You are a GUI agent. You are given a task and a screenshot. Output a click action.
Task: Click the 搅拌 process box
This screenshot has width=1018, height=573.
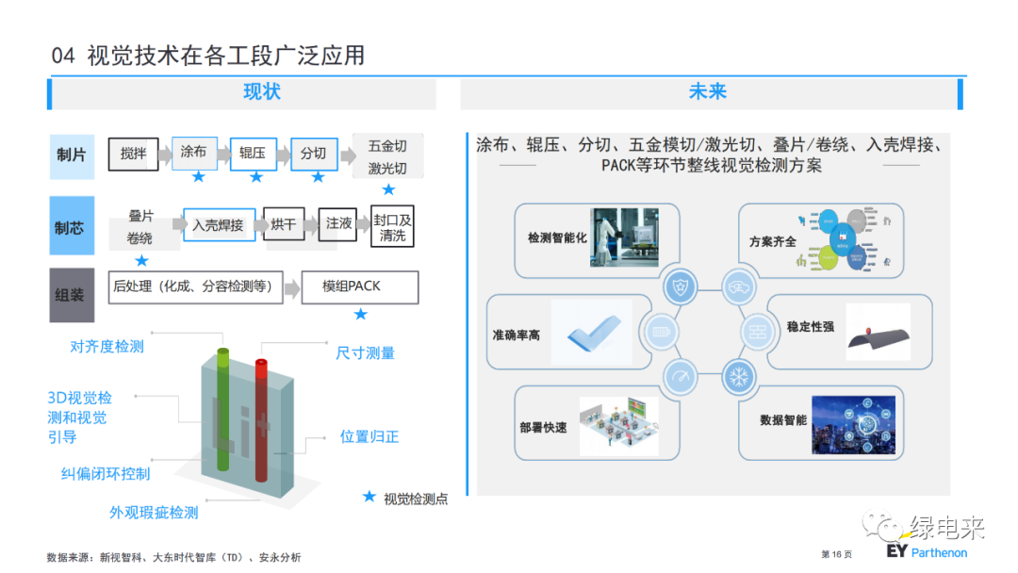tap(133, 153)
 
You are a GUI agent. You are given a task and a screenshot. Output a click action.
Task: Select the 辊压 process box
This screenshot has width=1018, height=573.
tap(253, 153)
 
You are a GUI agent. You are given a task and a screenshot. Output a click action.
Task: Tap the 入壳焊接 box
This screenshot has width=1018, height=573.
tap(218, 225)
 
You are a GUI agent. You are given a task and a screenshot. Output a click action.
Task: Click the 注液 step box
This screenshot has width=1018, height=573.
tap(339, 224)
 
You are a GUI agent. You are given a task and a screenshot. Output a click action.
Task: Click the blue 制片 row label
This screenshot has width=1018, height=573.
tap(71, 155)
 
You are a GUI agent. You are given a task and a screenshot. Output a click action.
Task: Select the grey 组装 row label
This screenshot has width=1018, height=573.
tap(71, 294)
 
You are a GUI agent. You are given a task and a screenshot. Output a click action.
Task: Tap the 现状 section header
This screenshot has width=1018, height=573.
tap(261, 92)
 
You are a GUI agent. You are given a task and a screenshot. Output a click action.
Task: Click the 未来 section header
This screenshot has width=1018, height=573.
tap(707, 92)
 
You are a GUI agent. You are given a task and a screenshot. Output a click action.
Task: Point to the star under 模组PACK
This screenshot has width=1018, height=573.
tap(360, 314)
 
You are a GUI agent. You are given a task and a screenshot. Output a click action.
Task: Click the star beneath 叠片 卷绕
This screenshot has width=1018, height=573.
tap(141, 260)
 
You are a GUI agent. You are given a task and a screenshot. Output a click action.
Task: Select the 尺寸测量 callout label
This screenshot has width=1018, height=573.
tap(365, 353)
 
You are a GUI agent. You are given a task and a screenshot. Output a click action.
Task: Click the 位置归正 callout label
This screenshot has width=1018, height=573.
tap(369, 437)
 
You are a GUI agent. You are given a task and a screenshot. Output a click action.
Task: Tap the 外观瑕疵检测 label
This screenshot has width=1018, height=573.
tap(154, 513)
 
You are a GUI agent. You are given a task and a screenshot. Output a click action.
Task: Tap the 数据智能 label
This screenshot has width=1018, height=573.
tap(783, 420)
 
